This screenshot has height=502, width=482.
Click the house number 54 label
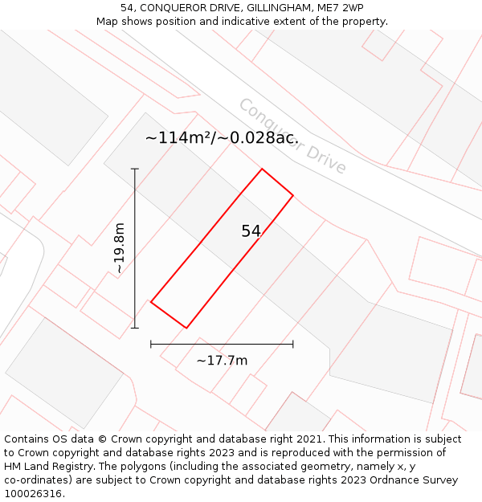point(251,231)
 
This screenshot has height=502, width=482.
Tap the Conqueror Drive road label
point(292,137)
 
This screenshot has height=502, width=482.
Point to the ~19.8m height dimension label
point(119,248)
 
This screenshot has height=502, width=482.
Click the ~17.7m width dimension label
point(222,361)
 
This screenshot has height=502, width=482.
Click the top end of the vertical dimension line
point(135,169)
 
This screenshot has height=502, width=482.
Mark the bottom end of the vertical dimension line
point(135,328)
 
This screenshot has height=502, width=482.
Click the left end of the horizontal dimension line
point(151,344)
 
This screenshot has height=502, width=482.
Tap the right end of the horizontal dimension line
point(293,344)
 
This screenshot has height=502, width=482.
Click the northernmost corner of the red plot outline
point(262,169)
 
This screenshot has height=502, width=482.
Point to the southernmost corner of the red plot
point(186,328)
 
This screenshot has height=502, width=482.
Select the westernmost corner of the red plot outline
point(151,302)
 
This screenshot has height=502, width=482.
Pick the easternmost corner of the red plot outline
point(293,195)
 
